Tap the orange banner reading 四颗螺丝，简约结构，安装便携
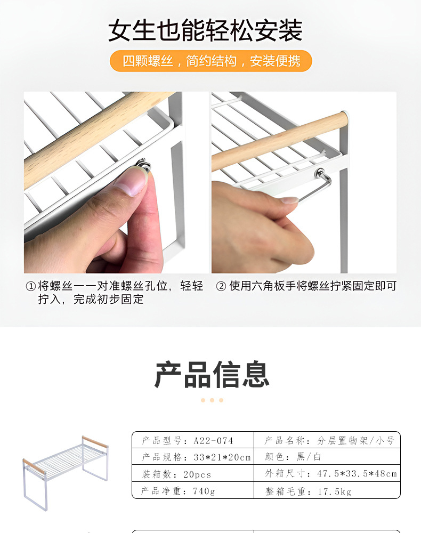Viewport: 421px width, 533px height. [x=211, y=61]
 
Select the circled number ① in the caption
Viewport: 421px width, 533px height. [x=30, y=286]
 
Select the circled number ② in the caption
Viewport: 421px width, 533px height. [x=221, y=286]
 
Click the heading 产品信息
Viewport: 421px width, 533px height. [x=212, y=374]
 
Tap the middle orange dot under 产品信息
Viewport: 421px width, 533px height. [x=212, y=400]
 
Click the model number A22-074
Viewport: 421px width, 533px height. [x=213, y=441]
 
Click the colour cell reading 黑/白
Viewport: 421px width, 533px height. [x=309, y=457]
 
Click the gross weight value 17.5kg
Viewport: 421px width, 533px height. [x=335, y=491]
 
